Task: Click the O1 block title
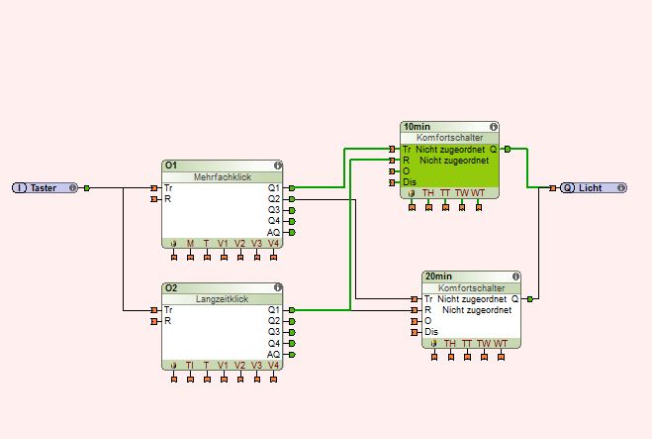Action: [x=171, y=165]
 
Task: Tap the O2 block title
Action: [x=171, y=288]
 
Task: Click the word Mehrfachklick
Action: [x=223, y=176]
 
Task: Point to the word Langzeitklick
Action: [x=223, y=299]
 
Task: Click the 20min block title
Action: [x=436, y=276]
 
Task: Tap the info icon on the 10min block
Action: [x=492, y=127]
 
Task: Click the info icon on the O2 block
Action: [x=278, y=288]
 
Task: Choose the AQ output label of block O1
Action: [x=274, y=232]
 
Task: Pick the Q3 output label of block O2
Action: [x=274, y=332]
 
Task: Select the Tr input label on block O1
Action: [x=168, y=187]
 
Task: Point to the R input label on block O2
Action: [x=167, y=321]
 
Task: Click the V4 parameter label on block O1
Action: [x=273, y=244]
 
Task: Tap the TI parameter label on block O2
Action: [x=190, y=366]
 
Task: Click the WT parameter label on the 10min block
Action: [x=479, y=193]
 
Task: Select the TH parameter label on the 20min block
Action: [x=450, y=344]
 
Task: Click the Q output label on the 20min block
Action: [x=514, y=298]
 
